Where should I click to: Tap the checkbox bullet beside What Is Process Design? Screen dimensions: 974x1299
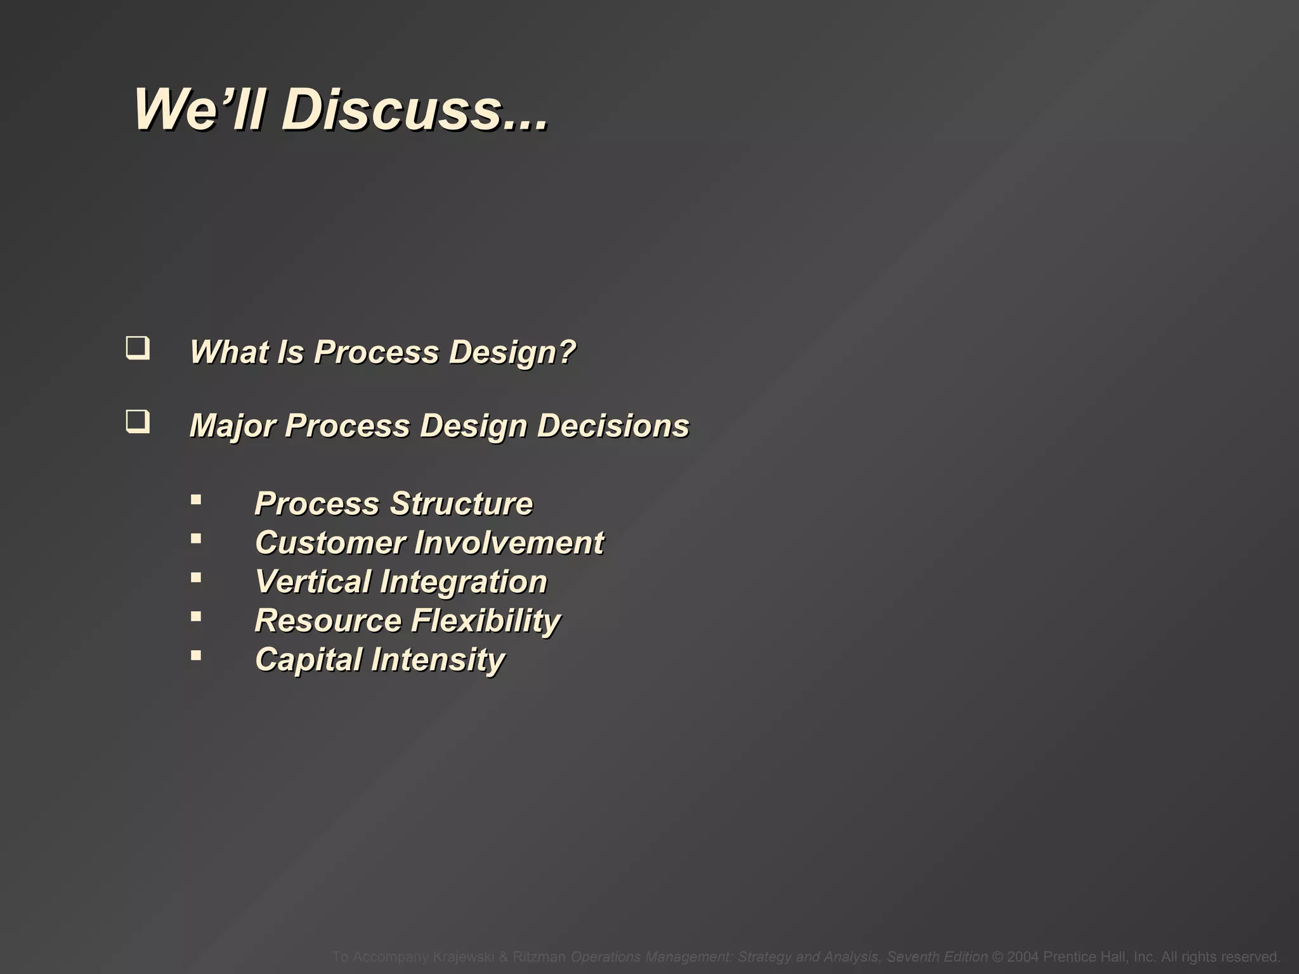[138, 349]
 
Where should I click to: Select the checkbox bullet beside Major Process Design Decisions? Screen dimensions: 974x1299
[138, 422]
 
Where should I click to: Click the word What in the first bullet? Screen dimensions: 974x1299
[228, 352]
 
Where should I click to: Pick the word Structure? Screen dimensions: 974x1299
[461, 504]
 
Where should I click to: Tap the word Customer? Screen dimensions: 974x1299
[330, 543]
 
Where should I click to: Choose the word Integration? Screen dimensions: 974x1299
[464, 582]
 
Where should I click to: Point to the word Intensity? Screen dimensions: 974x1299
[438, 660]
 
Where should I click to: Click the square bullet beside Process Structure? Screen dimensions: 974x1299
[196, 500]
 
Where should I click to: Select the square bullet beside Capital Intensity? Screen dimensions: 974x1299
[196, 656]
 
